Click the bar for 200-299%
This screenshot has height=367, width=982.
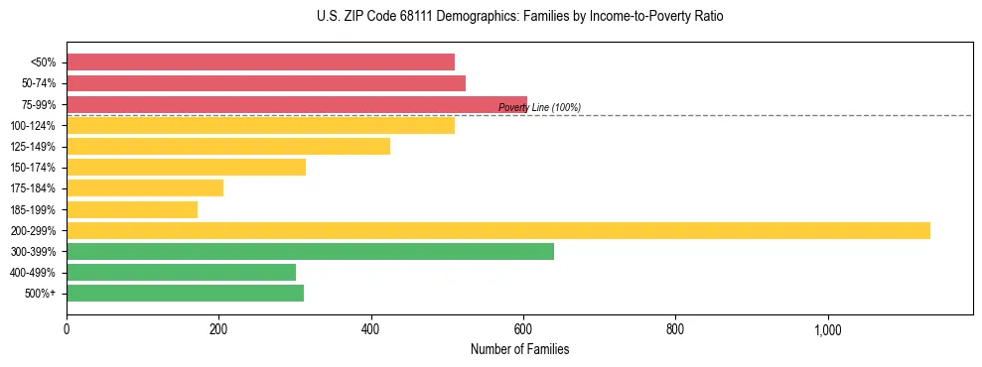[x=497, y=230]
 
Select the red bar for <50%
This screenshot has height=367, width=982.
[x=260, y=62]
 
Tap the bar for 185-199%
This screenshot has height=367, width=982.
[x=132, y=209]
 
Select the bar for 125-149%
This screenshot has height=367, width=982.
[x=228, y=147]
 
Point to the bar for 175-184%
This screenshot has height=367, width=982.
[x=145, y=188]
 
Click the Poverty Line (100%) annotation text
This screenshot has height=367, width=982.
[x=539, y=108]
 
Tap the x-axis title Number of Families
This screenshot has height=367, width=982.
[x=519, y=349]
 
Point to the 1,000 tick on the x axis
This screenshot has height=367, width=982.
[x=827, y=329]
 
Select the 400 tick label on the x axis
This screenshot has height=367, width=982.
[x=370, y=329]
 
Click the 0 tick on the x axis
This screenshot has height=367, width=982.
[x=67, y=329]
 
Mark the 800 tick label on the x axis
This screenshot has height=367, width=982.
[x=675, y=329]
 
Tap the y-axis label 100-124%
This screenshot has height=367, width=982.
[x=33, y=126]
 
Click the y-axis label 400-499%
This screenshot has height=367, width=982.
[x=33, y=273]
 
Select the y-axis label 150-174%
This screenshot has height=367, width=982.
[x=33, y=168]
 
